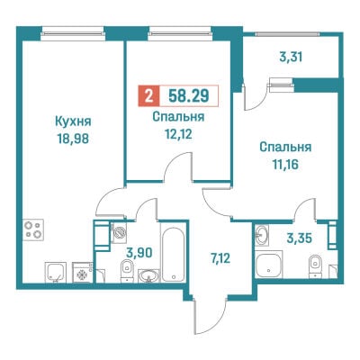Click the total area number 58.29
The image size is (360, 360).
(x=189, y=96)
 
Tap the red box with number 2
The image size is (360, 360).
(x=148, y=96)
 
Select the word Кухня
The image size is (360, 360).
(x=73, y=121)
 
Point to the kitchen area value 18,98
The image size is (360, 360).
(x=73, y=139)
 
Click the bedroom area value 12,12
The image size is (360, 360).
(x=178, y=134)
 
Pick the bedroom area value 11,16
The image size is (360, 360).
(x=285, y=165)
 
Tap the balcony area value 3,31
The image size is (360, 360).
(x=291, y=57)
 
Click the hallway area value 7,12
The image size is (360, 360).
(x=220, y=258)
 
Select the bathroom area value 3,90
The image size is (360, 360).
(x=139, y=253)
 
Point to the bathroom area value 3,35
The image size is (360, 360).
(x=300, y=238)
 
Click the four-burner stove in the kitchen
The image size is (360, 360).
(x=33, y=229)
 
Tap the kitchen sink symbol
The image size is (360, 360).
(x=56, y=272)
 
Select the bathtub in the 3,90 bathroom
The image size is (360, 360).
(x=173, y=252)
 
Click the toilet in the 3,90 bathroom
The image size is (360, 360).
(x=127, y=271)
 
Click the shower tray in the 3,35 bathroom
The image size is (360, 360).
(x=269, y=265)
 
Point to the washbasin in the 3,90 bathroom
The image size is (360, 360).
(x=148, y=275)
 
